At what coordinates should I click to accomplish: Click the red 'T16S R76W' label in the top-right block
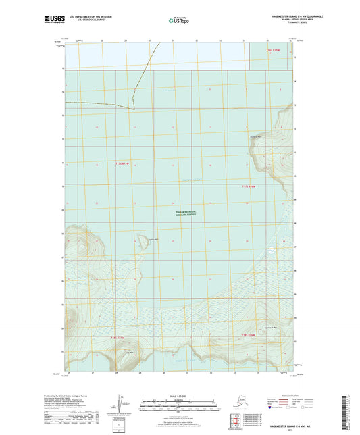click(272, 51)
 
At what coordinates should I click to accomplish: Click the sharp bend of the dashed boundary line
click(134, 107)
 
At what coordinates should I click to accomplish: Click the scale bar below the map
click(179, 407)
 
